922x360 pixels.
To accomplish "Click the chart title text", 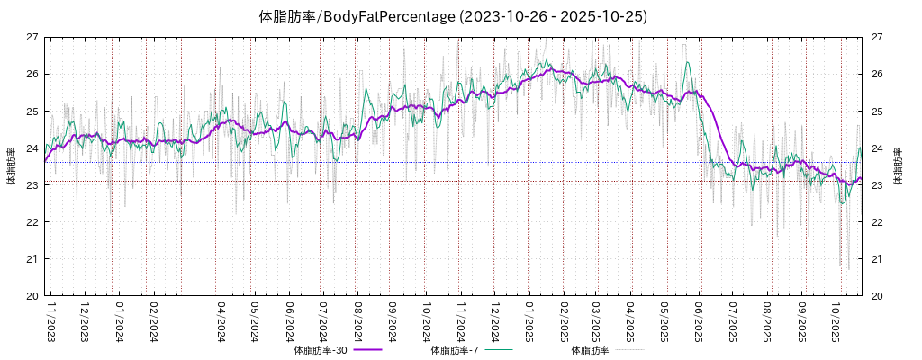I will (x=453, y=16).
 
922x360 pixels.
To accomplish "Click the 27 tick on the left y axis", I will (x=32, y=37).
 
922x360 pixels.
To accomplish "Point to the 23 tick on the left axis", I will (x=32, y=185).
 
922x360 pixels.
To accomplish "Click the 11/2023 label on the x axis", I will (x=50, y=321).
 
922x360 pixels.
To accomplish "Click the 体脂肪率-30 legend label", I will (x=321, y=350).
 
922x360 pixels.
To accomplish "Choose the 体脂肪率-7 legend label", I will (x=458, y=350).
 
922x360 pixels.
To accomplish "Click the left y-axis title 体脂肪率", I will (x=11, y=166).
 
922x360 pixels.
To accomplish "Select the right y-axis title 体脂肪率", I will (x=898, y=166).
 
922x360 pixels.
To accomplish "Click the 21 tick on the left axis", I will (x=32, y=259).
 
